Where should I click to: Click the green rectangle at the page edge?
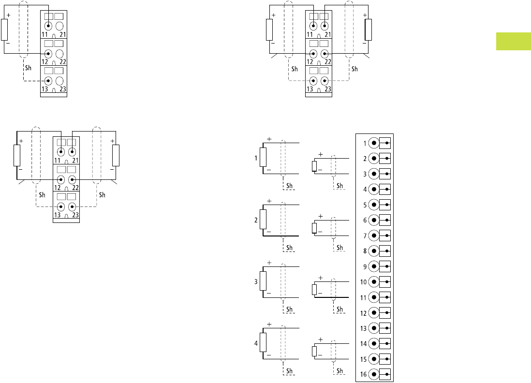pos(513,41)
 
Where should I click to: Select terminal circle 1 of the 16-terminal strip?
pos(374,143)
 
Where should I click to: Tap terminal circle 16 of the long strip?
pos(374,374)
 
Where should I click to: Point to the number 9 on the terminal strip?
pos(365,266)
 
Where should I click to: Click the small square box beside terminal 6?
pos(385,220)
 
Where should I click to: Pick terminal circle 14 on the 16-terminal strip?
pos(374,343)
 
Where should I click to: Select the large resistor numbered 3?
pos(263,281)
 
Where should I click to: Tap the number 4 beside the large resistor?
pos(256,343)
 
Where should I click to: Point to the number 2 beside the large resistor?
pos(256,220)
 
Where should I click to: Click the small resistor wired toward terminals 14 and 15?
pos(314,351)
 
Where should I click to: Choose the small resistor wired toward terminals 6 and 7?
pos(314,228)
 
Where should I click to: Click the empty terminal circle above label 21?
pos(59,27)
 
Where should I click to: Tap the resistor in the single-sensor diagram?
pos(5,29)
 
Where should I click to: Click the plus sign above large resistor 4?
pos(269,324)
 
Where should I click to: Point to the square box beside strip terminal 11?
pos(385,297)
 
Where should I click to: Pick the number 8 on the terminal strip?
pos(365,251)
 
